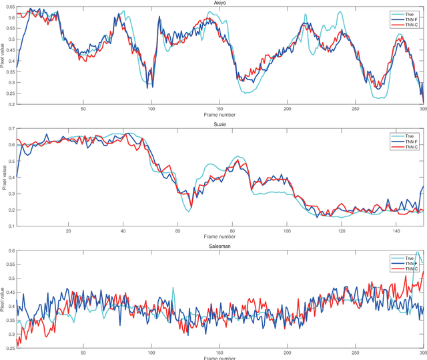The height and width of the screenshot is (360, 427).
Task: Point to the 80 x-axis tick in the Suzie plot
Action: (232, 213)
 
